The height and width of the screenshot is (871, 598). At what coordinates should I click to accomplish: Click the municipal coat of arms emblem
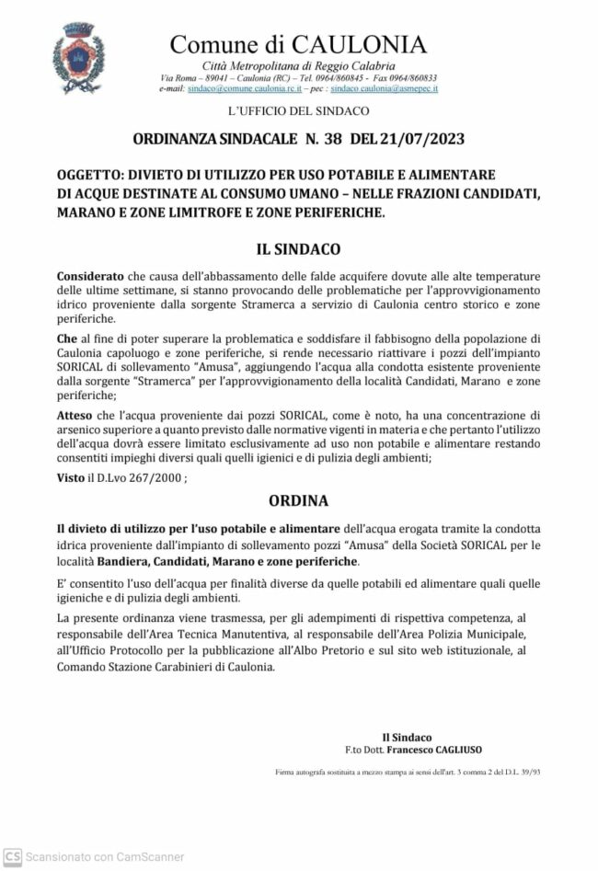click(x=79, y=57)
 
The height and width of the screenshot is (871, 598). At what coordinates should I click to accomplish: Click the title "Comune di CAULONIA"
click(x=298, y=44)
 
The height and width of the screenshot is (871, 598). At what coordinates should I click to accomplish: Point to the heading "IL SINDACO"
click(x=299, y=249)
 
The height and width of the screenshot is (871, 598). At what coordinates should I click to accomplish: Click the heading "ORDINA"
click(x=298, y=501)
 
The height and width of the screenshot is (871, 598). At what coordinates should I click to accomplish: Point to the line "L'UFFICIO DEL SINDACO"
click(x=298, y=110)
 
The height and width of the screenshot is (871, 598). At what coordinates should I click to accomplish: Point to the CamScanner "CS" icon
click(x=12, y=856)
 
